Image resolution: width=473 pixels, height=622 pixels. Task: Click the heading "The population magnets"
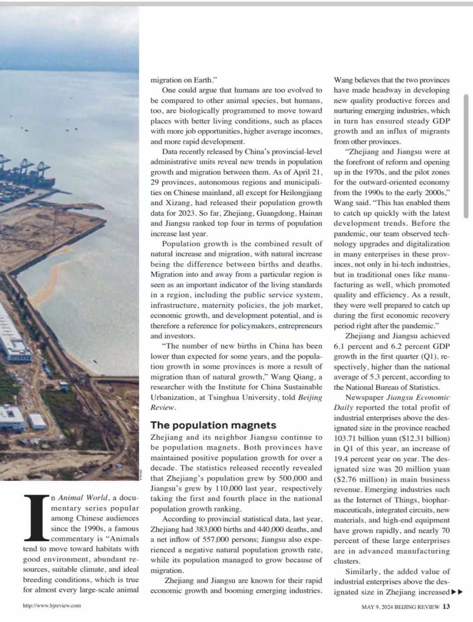pyautogui.click(x=213, y=425)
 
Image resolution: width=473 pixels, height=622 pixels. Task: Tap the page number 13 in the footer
pyautogui.click(x=446, y=607)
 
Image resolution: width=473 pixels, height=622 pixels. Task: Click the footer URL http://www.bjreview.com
pyautogui.click(x=52, y=606)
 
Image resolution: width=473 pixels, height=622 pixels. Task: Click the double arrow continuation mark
pyautogui.click(x=457, y=592)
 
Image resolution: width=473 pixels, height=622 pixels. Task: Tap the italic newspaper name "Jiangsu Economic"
pyautogui.click(x=418, y=398)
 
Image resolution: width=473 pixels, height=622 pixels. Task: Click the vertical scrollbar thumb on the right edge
pyautogui.click(x=466, y=156)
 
